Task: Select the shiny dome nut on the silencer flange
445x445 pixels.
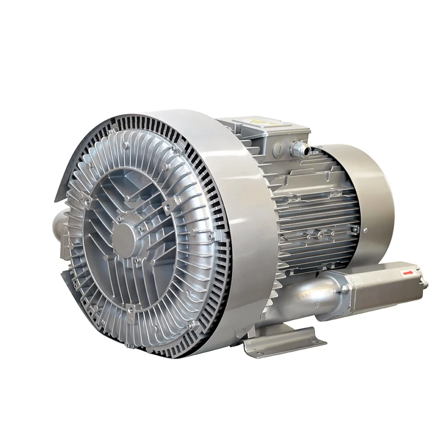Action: tap(345, 289)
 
